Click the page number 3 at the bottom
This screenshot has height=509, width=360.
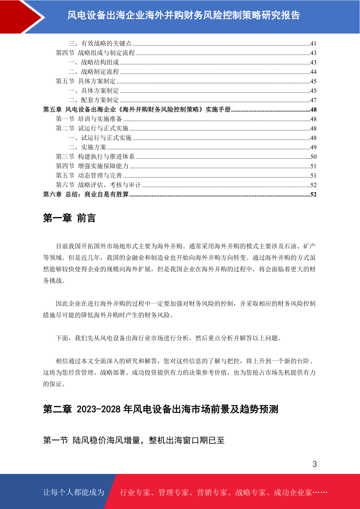[314, 464]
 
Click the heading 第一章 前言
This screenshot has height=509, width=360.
[69, 218]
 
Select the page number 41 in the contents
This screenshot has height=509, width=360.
[313, 44]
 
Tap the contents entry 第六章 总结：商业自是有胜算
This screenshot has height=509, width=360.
[86, 194]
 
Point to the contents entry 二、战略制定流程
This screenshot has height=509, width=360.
[94, 72]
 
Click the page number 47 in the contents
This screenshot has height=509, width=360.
[313, 100]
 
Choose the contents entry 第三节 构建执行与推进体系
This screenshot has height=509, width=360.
[95, 157]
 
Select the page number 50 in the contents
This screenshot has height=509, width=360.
[313, 157]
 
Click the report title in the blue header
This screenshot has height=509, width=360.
[183, 15]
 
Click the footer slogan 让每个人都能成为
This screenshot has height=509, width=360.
[74, 492]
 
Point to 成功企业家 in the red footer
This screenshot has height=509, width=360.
[293, 493]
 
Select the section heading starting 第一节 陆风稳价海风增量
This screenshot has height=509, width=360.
[134, 440]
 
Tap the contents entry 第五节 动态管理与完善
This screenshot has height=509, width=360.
[89, 175]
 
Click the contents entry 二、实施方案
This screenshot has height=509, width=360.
[87, 147]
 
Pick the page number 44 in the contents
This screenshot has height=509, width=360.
[313, 72]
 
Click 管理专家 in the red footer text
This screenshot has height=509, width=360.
[173, 493]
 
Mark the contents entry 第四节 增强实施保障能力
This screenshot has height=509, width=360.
[92, 166]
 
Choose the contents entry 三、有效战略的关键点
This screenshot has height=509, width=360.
[100, 44]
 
